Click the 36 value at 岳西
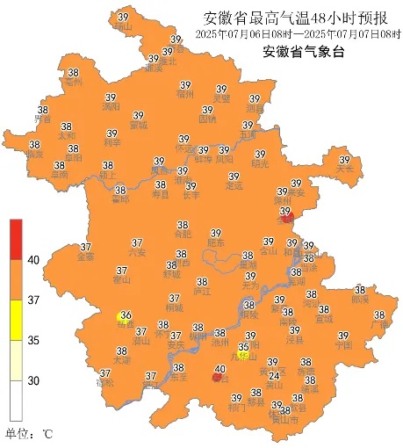click(126, 315)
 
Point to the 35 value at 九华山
click(243, 347)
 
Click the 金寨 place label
click(86, 257)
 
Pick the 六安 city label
click(137, 252)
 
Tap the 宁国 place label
click(343, 345)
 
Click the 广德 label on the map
click(379, 325)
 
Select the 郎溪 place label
click(360, 300)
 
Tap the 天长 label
click(345, 168)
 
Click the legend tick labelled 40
click(33, 260)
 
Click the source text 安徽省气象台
click(303, 50)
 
